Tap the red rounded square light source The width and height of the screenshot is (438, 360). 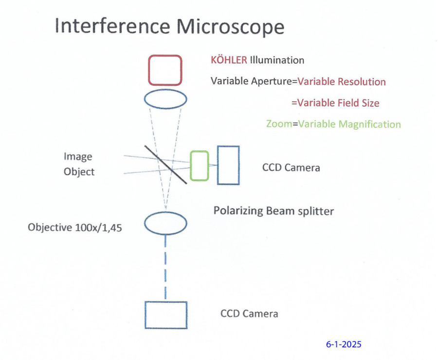coord(165,70)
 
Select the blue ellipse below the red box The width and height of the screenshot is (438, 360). coord(165,99)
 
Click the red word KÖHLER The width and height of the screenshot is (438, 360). coord(229,60)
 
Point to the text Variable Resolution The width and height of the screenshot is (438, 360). coord(342,82)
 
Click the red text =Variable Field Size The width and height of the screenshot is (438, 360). coord(335,103)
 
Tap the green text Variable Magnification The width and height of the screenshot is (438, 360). coord(349,124)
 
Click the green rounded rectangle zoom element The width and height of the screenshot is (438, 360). coord(200,166)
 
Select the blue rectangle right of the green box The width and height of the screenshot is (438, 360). coord(228,166)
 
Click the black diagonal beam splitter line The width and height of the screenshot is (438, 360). coord(165,164)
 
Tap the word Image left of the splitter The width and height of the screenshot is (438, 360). coord(78,157)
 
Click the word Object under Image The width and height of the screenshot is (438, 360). coord(79,172)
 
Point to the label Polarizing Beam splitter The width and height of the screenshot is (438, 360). coord(274,211)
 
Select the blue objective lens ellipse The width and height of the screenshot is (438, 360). coord(166,223)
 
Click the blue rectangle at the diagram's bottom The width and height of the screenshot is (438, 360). coord(166,315)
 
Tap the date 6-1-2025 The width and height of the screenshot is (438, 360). coord(344,344)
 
